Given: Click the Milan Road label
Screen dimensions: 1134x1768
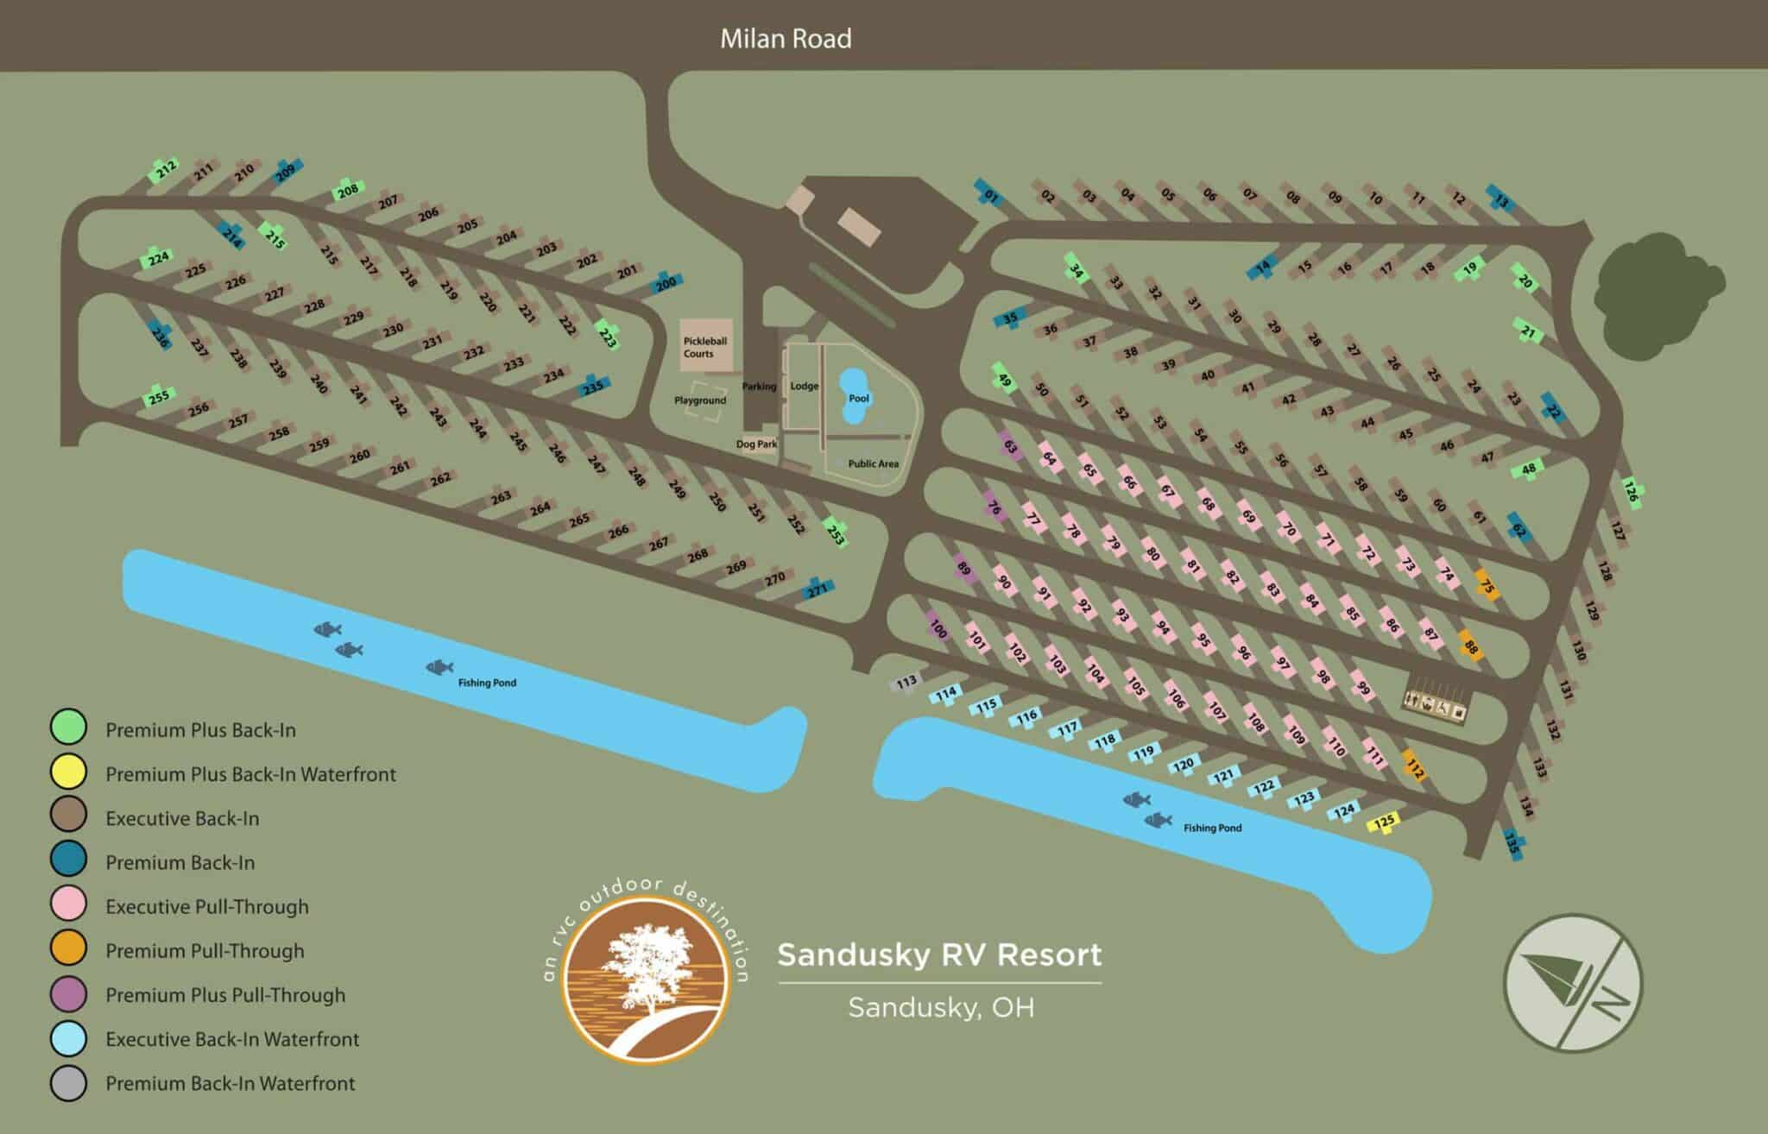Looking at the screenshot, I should coord(786,39).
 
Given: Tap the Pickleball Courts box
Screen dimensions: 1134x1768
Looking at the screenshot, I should coord(705,346).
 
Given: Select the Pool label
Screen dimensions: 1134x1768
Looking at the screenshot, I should coord(859,399).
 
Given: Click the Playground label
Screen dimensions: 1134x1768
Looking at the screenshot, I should coord(700,401).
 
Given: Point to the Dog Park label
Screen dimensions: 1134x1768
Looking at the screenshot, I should coord(756,444).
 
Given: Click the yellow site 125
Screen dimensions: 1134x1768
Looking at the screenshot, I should coord(1384,822).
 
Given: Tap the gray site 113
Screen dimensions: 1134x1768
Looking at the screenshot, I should coord(906,683).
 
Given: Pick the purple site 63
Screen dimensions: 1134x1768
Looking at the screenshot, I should coord(1010,447).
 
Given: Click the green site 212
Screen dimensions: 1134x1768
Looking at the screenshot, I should coord(165,169).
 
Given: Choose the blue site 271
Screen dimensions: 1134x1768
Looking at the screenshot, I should coord(817,589).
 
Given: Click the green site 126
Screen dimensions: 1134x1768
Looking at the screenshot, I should coord(1630,491).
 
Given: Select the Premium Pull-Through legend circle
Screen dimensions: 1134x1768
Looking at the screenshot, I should coord(68,950).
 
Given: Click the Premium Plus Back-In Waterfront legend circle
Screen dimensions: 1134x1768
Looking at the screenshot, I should coord(68,772).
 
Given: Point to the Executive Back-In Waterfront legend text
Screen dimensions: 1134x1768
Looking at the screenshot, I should coord(232,1039).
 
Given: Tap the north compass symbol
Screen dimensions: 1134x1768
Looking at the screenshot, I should coord(1573,983).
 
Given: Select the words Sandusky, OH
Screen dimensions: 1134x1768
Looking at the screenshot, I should coord(941,1008).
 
